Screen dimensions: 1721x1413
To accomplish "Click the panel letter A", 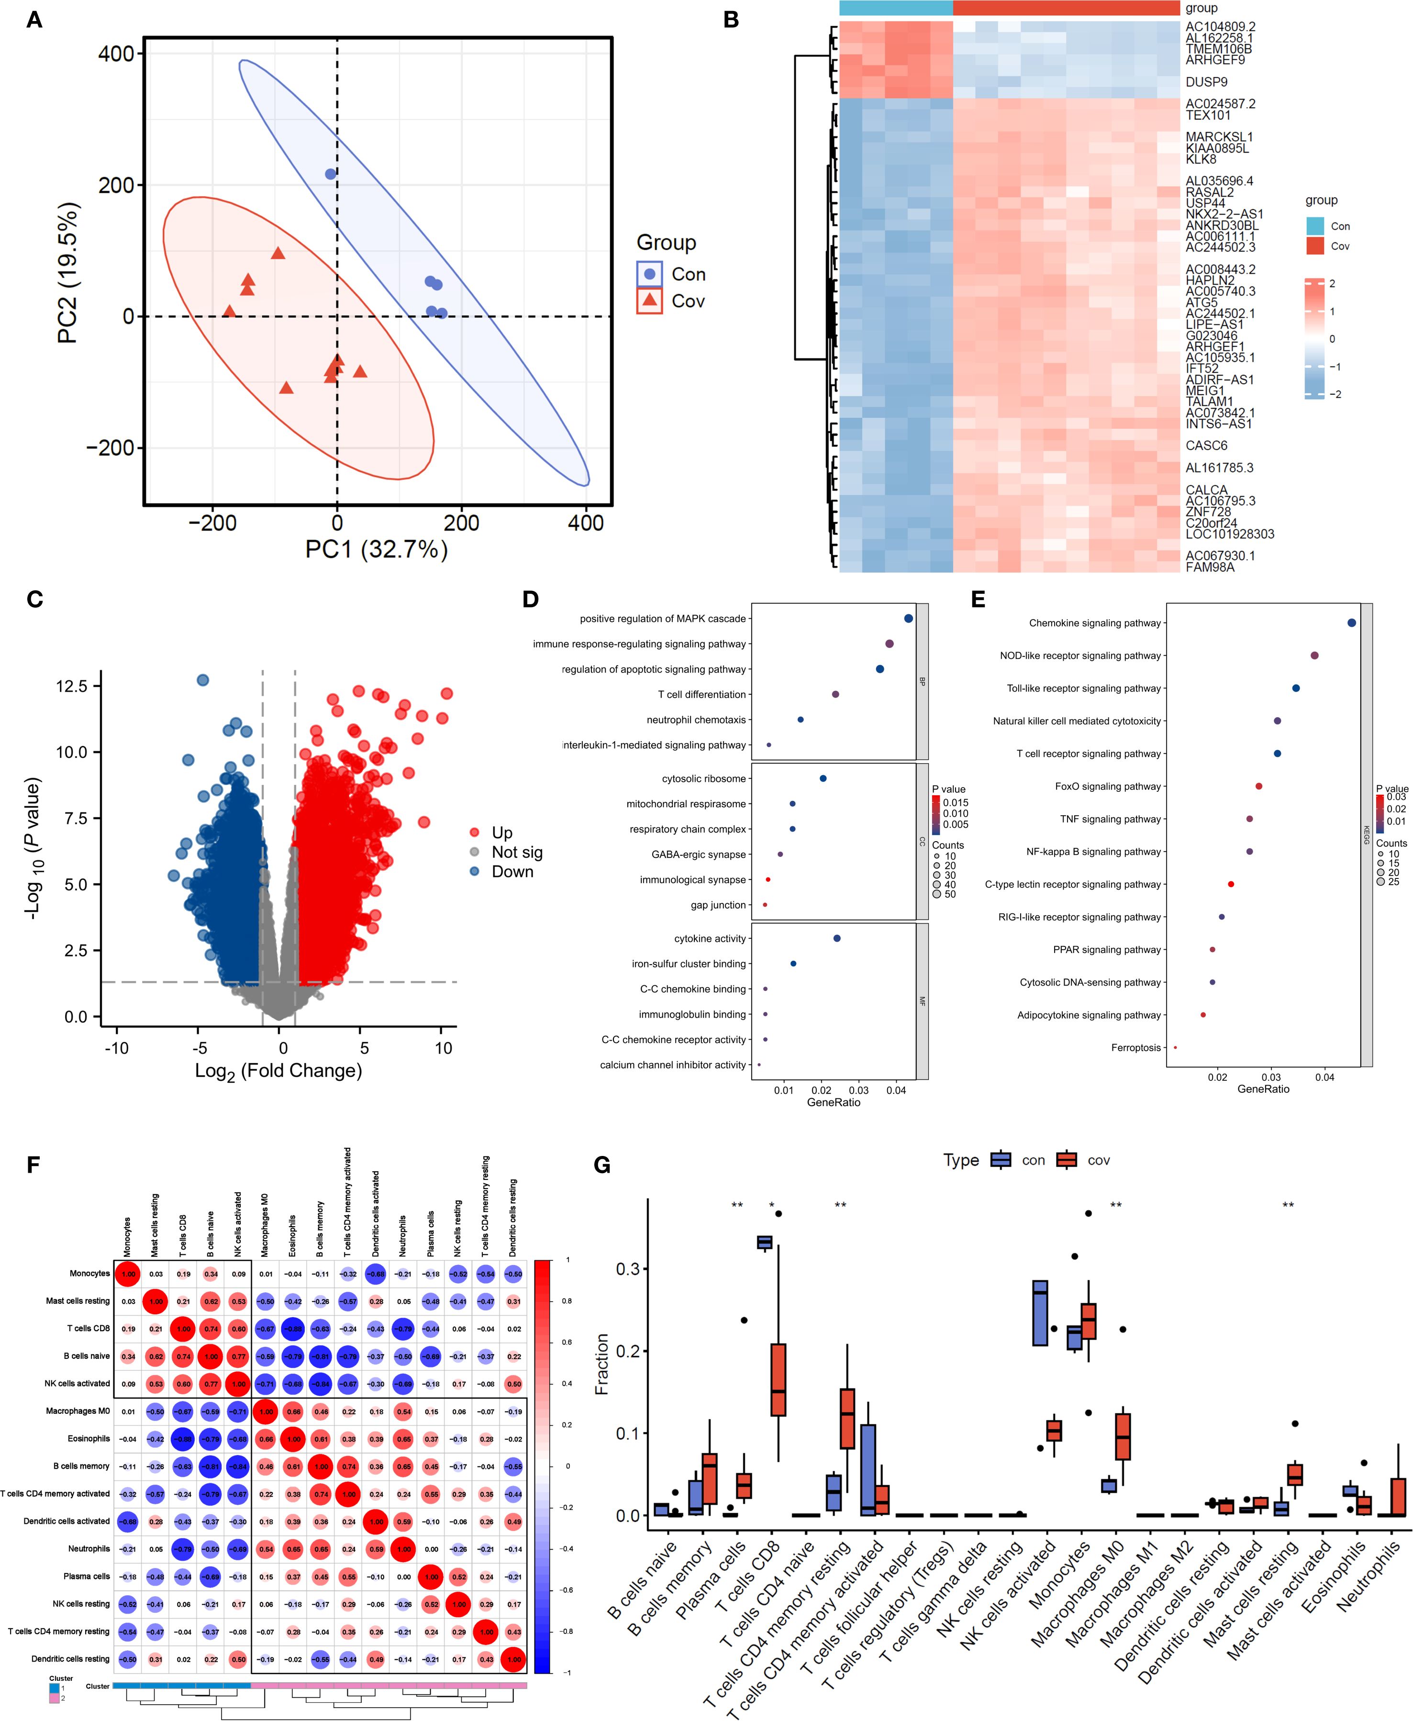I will pyautogui.click(x=34, y=20).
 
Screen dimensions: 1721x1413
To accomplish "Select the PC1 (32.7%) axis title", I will pyautogui.click(x=376, y=550).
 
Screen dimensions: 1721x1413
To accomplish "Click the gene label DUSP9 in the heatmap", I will pyautogui.click(x=1206, y=82).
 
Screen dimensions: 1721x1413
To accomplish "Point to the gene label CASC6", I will pyautogui.click(x=1206, y=446).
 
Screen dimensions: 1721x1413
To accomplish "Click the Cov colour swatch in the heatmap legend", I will pyautogui.click(x=1314, y=246).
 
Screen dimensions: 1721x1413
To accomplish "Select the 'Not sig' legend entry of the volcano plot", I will pyautogui.click(x=516, y=852).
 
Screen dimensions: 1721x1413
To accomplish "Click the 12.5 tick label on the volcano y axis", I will pyautogui.click(x=72, y=686).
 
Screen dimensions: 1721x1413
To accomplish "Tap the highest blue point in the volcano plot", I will pyautogui.click(x=203, y=679).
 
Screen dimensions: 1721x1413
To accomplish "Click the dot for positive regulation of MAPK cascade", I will pyautogui.click(x=908, y=619).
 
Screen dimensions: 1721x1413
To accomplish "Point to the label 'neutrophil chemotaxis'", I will pyautogui.click(x=696, y=719).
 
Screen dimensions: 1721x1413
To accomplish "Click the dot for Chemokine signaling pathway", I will pyautogui.click(x=1352, y=623).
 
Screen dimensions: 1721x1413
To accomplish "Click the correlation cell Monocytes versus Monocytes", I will pyautogui.click(x=129, y=1274).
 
